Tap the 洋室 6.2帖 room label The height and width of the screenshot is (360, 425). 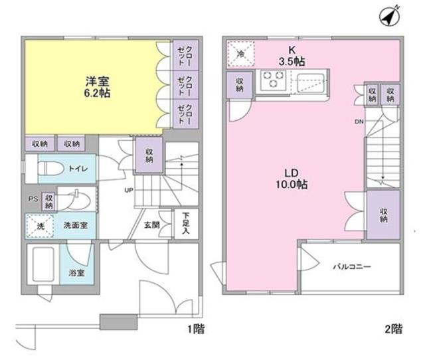tap(98, 87)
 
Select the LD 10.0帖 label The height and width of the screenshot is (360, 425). tap(293, 177)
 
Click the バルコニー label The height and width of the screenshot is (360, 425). tap(352, 267)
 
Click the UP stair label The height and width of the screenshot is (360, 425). tap(129, 191)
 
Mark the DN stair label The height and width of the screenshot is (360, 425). tap(359, 122)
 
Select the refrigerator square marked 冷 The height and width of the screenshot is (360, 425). tap(240, 52)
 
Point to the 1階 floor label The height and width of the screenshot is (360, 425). tap(195, 328)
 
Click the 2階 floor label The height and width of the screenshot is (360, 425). tap(392, 328)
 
